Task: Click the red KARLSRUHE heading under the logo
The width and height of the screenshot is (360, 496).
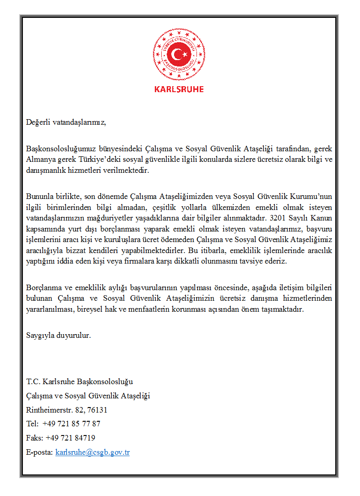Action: tap(179, 89)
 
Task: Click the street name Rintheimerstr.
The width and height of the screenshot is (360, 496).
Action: tap(47, 410)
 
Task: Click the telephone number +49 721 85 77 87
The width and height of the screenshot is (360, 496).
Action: tap(71, 424)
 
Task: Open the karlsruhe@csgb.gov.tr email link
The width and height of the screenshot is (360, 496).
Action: tap(93, 452)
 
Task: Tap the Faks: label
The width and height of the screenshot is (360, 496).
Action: tap(35, 438)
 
